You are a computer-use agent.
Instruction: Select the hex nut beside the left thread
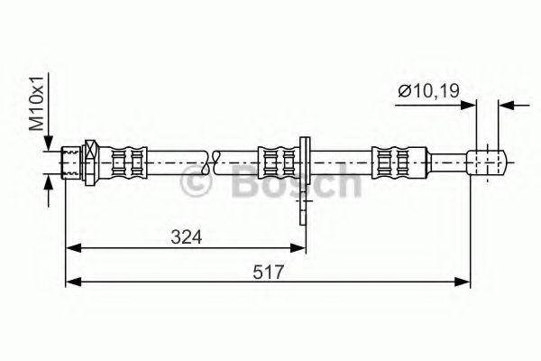coord(90,163)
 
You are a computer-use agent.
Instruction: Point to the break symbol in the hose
coord(214,163)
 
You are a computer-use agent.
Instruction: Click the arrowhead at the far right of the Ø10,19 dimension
coord(509,104)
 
